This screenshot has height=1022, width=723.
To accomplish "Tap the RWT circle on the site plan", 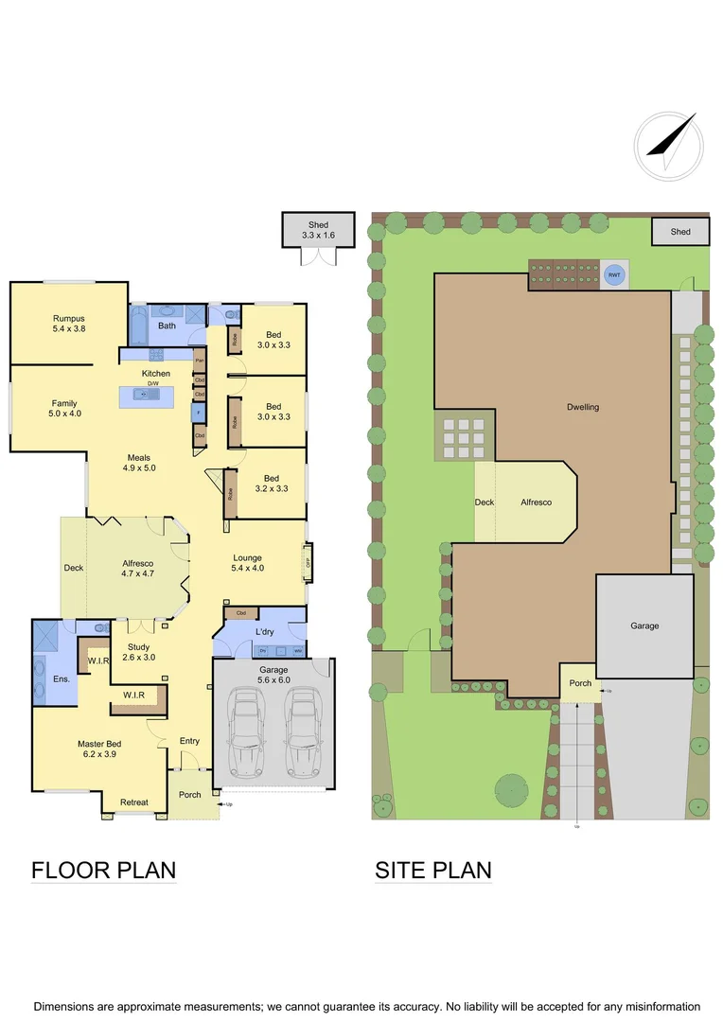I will (614, 275).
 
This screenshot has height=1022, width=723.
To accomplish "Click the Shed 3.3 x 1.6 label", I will (317, 229).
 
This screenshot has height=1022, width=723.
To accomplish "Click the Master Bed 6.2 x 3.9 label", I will (99, 749).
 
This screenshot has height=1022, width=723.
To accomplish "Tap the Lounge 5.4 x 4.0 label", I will (246, 563).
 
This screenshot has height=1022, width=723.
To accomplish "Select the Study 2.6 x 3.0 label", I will (138, 652).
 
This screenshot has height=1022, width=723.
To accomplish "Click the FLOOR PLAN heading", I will (104, 870).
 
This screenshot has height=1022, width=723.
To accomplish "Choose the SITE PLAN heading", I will (433, 870).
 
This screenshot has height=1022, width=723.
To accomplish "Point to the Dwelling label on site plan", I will (583, 407).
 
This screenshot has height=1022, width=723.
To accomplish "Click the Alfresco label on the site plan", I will (536, 502).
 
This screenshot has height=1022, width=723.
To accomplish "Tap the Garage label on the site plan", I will (644, 626).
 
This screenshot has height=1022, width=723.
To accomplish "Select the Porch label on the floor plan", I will (190, 794).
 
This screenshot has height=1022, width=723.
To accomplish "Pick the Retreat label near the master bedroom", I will (133, 802).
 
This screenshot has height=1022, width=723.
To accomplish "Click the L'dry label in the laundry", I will (264, 630).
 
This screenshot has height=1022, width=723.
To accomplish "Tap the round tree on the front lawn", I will (511, 788).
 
